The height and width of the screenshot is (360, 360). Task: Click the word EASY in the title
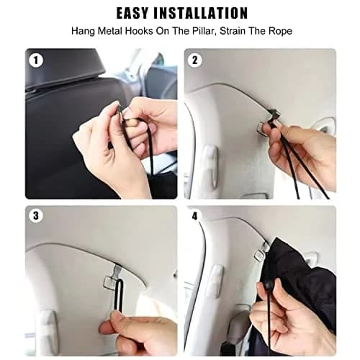point(132,13)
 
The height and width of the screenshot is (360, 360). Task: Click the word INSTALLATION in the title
point(200,13)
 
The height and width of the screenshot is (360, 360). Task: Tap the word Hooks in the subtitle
point(140,31)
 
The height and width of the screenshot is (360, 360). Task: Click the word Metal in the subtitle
point(110,31)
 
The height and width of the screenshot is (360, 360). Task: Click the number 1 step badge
point(36,60)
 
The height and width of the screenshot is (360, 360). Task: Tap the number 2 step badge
point(194,60)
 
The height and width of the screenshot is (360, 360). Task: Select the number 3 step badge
point(36,215)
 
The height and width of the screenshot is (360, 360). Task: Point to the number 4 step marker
point(194,216)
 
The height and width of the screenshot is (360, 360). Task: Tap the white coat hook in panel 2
point(210,166)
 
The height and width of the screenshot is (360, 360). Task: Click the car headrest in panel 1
point(65,68)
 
